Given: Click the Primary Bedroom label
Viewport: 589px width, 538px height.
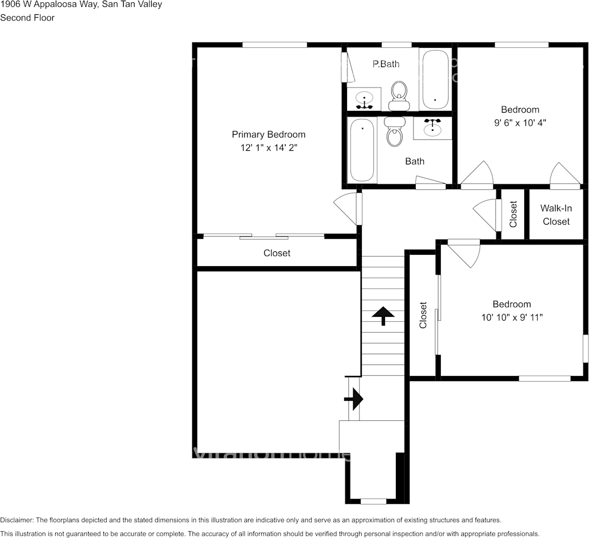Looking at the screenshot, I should (268, 135).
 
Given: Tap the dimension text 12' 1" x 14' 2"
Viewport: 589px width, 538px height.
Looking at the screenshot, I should (268, 148).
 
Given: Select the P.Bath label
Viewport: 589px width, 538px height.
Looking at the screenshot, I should (386, 64).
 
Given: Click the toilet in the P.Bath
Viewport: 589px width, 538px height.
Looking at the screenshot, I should (399, 95).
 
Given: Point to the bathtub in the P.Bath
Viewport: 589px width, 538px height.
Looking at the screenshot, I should (435, 80).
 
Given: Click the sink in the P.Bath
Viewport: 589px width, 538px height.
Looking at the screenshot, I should (364, 100).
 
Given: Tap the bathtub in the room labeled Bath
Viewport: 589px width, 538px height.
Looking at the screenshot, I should (362, 151).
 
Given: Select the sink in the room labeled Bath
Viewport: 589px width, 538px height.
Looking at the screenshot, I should (433, 127).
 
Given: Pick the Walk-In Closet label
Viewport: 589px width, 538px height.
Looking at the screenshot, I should (556, 215).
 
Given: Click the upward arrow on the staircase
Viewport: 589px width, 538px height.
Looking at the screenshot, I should (383, 315).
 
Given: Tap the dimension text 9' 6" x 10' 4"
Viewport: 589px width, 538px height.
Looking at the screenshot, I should (520, 122).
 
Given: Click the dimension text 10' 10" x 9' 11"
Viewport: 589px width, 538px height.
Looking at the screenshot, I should (512, 317).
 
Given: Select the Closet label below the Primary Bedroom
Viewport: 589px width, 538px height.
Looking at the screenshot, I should (277, 253).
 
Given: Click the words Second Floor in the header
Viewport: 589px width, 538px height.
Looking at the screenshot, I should (27, 18).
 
